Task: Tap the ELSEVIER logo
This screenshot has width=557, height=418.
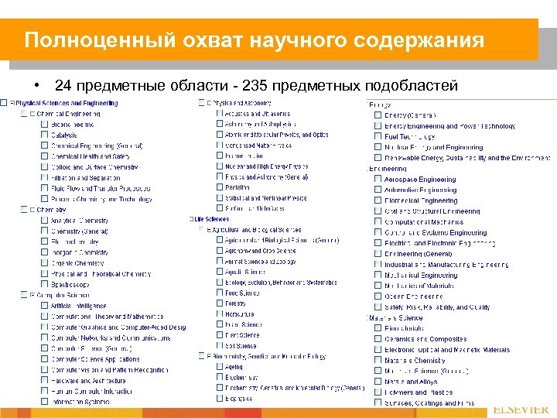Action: pyautogui.click(x=521, y=409)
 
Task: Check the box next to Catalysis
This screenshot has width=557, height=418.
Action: pyautogui.click(x=43, y=135)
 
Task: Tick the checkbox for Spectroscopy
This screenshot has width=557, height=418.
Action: pyautogui.click(x=43, y=284)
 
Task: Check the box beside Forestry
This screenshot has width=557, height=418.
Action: pyautogui.click(x=219, y=304)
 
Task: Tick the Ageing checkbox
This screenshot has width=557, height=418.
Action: pyautogui.click(x=219, y=367)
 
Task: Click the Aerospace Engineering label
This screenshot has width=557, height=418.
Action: pyautogui.click(x=420, y=180)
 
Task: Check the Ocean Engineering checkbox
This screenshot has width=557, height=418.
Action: pyautogui.click(x=378, y=296)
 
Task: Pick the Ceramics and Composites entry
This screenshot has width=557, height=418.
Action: pyautogui.click(x=425, y=339)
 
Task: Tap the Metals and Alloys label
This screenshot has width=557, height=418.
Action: pyautogui.click(x=411, y=382)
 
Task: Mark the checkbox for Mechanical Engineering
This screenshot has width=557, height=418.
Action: pyautogui.click(x=378, y=276)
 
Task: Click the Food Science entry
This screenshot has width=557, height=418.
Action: pyautogui.click(x=242, y=293)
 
